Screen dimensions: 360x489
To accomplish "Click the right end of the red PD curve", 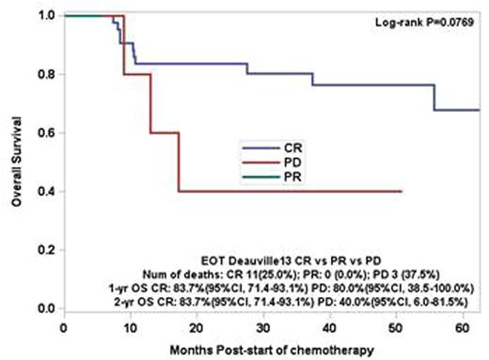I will click(x=402, y=192).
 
